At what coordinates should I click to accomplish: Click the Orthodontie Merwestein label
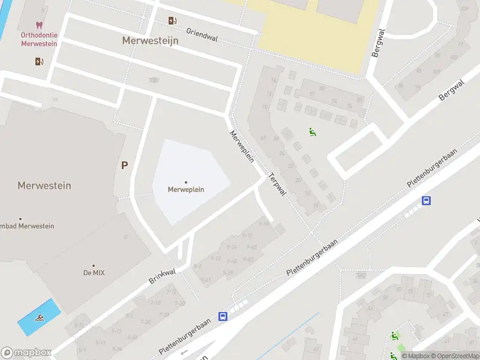pos(39,39)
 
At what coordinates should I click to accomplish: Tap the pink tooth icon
pos(39,25)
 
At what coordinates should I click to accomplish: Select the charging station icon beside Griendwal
pos(173,21)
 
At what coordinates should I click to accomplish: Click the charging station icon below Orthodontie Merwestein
pos(39,61)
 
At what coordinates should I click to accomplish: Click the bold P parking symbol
pos(124,166)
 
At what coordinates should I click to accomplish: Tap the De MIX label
pos(93,272)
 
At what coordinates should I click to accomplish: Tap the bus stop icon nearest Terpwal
pos(426,201)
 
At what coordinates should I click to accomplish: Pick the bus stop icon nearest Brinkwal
pos(223,316)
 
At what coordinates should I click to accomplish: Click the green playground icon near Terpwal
pos(312,132)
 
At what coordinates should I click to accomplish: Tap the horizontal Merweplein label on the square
pos(186,190)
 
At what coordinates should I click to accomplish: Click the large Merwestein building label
pos(44,185)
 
